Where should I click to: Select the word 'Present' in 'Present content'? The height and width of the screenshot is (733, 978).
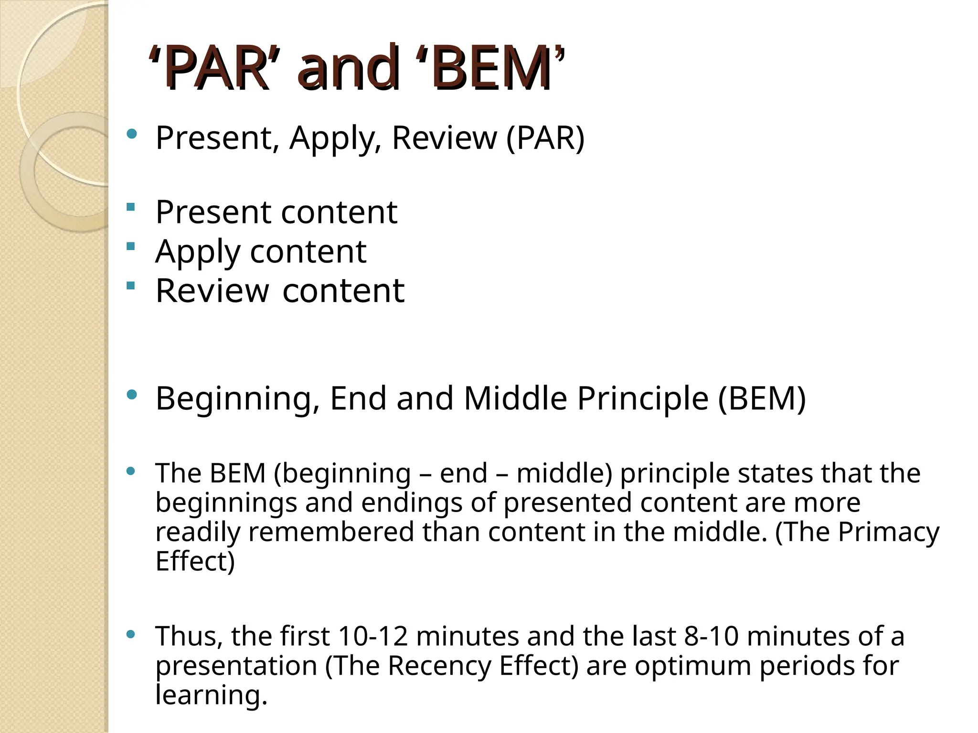pos(213,212)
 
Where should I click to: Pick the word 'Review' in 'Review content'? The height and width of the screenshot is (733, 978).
pos(212,291)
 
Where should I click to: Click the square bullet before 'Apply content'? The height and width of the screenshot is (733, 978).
pos(131,247)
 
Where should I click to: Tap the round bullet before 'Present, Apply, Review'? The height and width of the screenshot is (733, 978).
pos(132,134)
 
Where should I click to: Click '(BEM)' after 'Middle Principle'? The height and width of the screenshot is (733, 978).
pos(762,398)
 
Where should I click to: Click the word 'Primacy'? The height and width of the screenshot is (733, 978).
pos(889,532)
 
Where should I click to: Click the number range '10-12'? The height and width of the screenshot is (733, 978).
pos(373,636)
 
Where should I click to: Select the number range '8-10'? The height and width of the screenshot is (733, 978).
pos(712,636)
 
